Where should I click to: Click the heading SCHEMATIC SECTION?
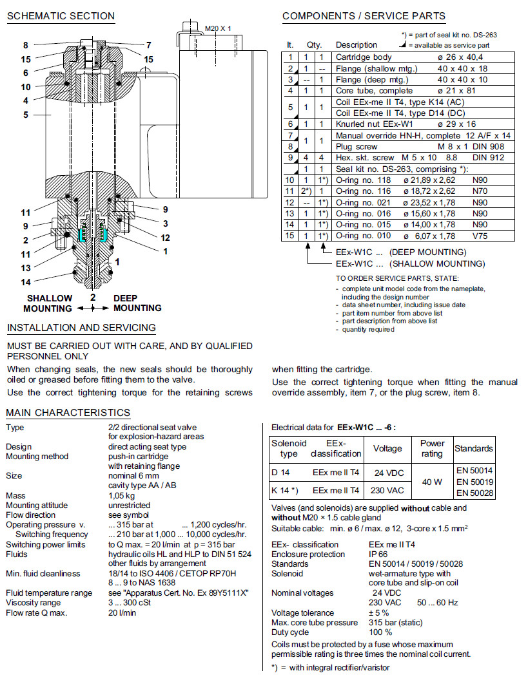[61, 16]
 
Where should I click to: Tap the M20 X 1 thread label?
[218, 29]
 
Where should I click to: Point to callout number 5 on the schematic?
[26, 115]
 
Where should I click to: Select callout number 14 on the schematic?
[25, 281]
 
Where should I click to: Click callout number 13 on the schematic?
[25, 268]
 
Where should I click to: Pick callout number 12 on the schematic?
[165, 238]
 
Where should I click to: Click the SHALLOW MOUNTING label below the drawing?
[50, 303]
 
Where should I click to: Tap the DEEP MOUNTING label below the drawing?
[137, 303]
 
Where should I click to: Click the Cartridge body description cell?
[364, 57]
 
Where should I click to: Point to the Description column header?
[356, 45]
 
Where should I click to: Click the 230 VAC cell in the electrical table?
[387, 489]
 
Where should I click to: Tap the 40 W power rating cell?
[431, 480]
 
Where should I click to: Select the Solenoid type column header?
[288, 448]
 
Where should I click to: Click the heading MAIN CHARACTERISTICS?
[68, 413]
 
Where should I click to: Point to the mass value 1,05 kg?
[121, 496]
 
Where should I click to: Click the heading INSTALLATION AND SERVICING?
[81, 328]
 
